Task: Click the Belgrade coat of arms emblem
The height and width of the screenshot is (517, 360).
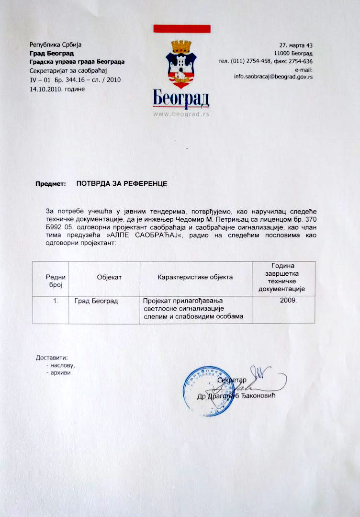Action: pos(181,64)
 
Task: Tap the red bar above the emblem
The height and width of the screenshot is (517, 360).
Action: pos(182,29)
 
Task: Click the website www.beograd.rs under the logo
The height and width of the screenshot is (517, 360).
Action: pos(181,114)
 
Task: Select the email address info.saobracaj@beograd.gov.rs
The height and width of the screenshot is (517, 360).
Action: pos(273,77)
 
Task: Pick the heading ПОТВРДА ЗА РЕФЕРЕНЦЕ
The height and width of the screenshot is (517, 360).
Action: pos(121,183)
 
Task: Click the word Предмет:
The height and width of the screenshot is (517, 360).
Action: pos(49,184)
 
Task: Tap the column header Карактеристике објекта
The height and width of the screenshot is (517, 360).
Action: pos(195,277)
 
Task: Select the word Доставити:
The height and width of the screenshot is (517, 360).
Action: pos(52,358)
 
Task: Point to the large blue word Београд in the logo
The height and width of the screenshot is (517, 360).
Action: pos(181,100)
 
